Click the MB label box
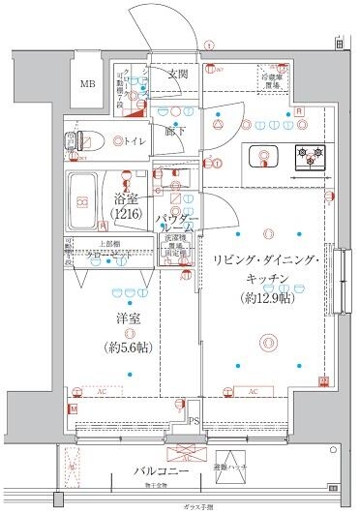pyautogui.click(x=88, y=85)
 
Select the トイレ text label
pyautogui.click(x=135, y=141)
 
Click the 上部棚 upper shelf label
pyautogui.click(x=107, y=245)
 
